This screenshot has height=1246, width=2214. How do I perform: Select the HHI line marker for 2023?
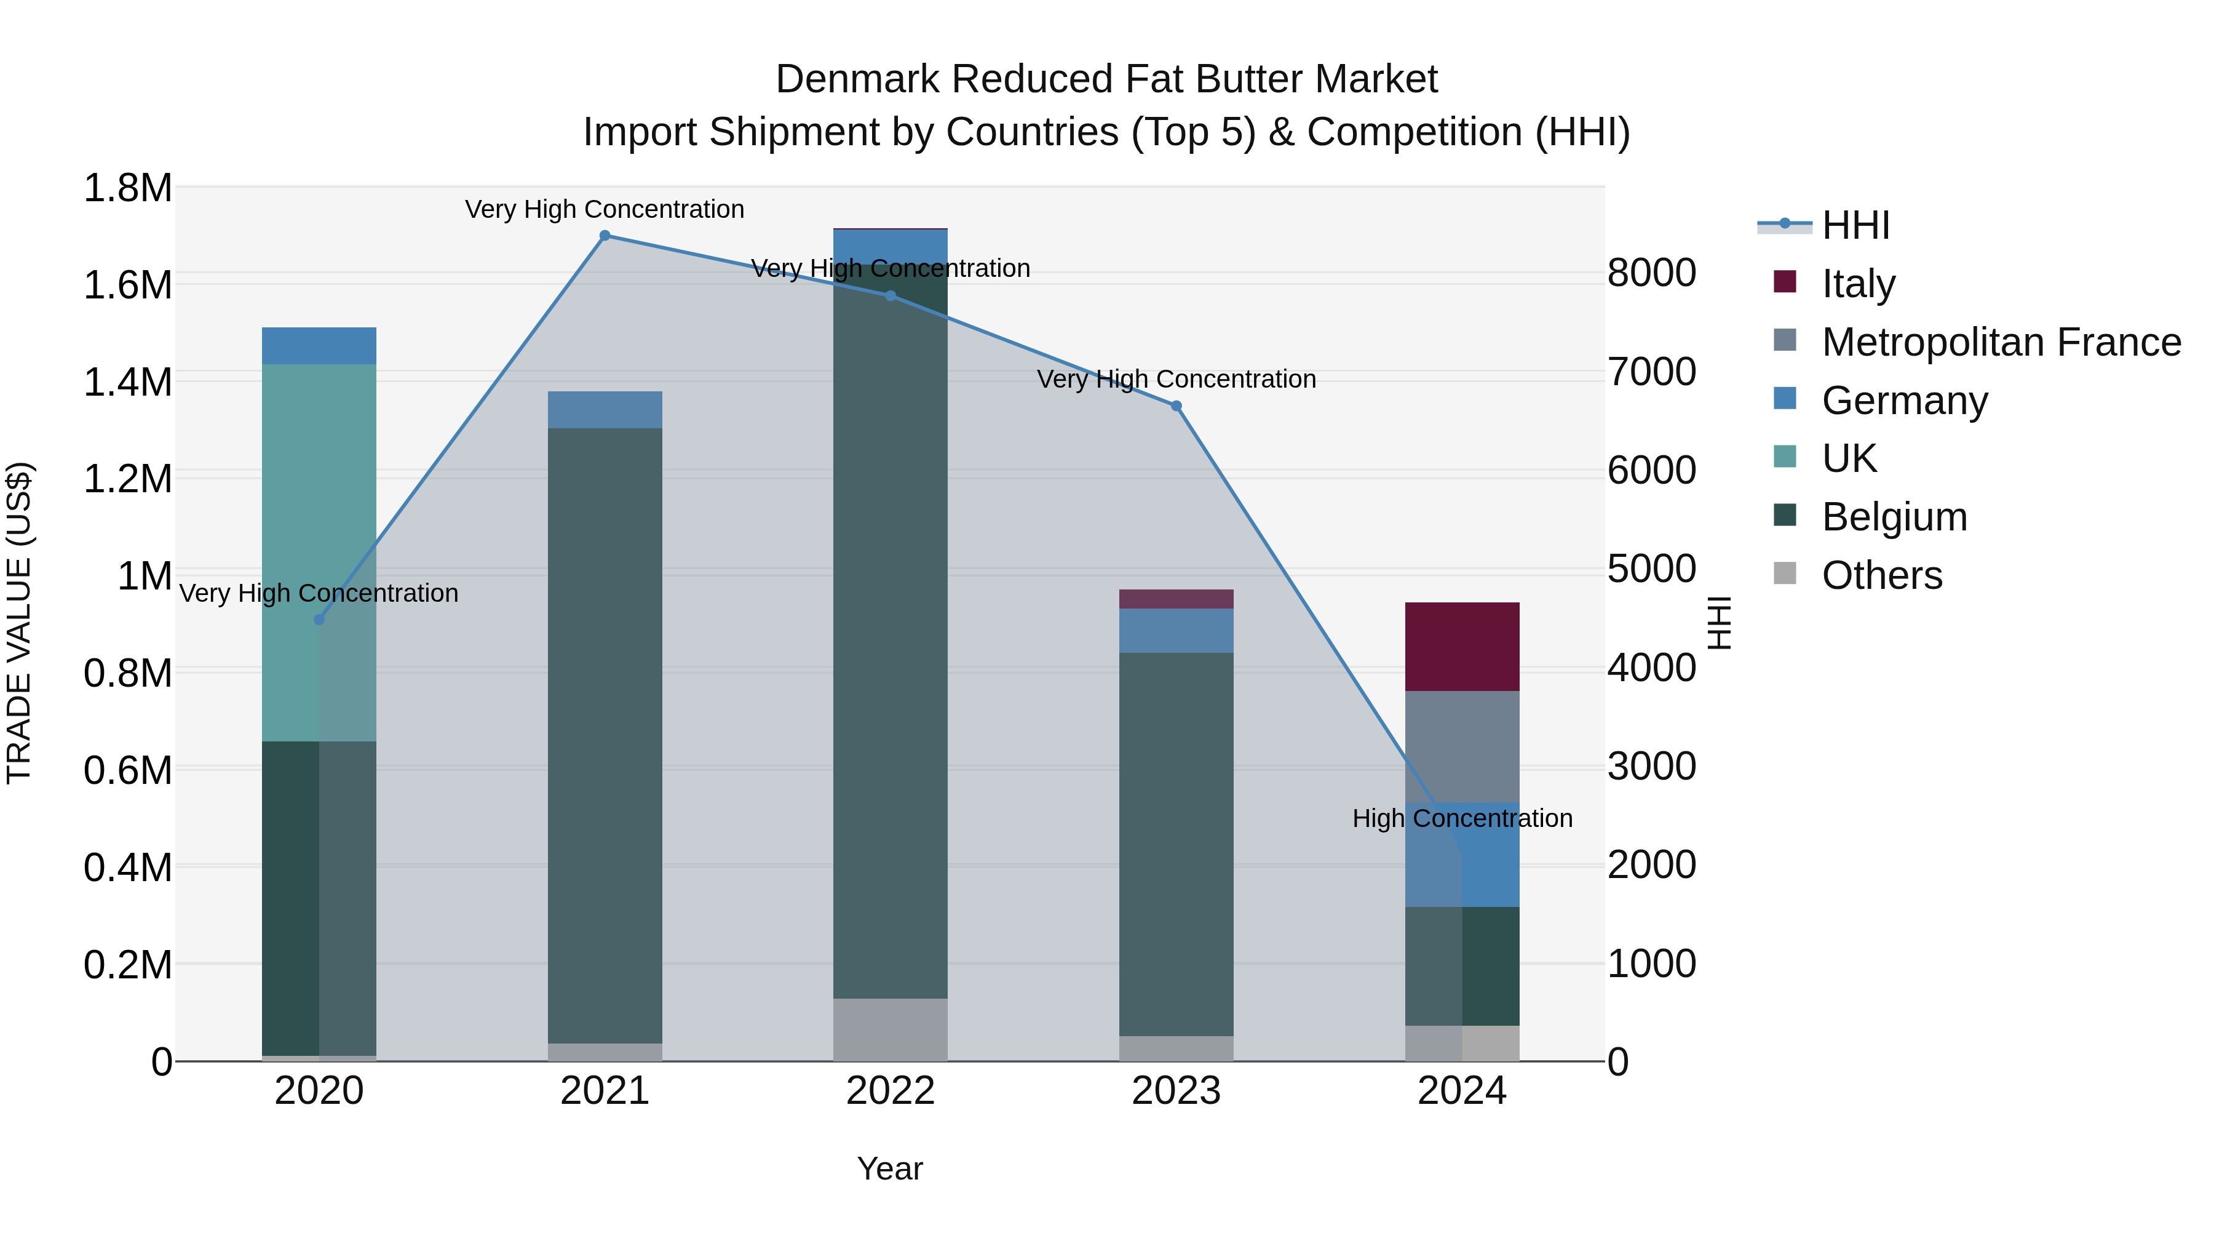pos(1176,406)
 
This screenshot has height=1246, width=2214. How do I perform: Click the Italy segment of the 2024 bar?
pos(1462,647)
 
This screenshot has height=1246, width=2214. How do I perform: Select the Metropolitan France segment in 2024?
pos(1462,746)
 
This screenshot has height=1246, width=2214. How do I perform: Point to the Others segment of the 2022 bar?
pos(891,1029)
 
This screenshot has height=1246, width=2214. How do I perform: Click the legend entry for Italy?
pos(1857,284)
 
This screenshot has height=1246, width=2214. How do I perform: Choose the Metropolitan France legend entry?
pos(2001,342)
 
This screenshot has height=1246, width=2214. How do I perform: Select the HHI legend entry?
pos(1855,225)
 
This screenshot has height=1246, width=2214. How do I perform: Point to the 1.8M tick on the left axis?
pos(127,188)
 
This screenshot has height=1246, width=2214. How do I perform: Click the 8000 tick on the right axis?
pos(1652,273)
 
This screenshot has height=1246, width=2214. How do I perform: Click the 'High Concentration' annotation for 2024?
pos(1462,818)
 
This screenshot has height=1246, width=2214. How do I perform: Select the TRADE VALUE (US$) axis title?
pos(19,623)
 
